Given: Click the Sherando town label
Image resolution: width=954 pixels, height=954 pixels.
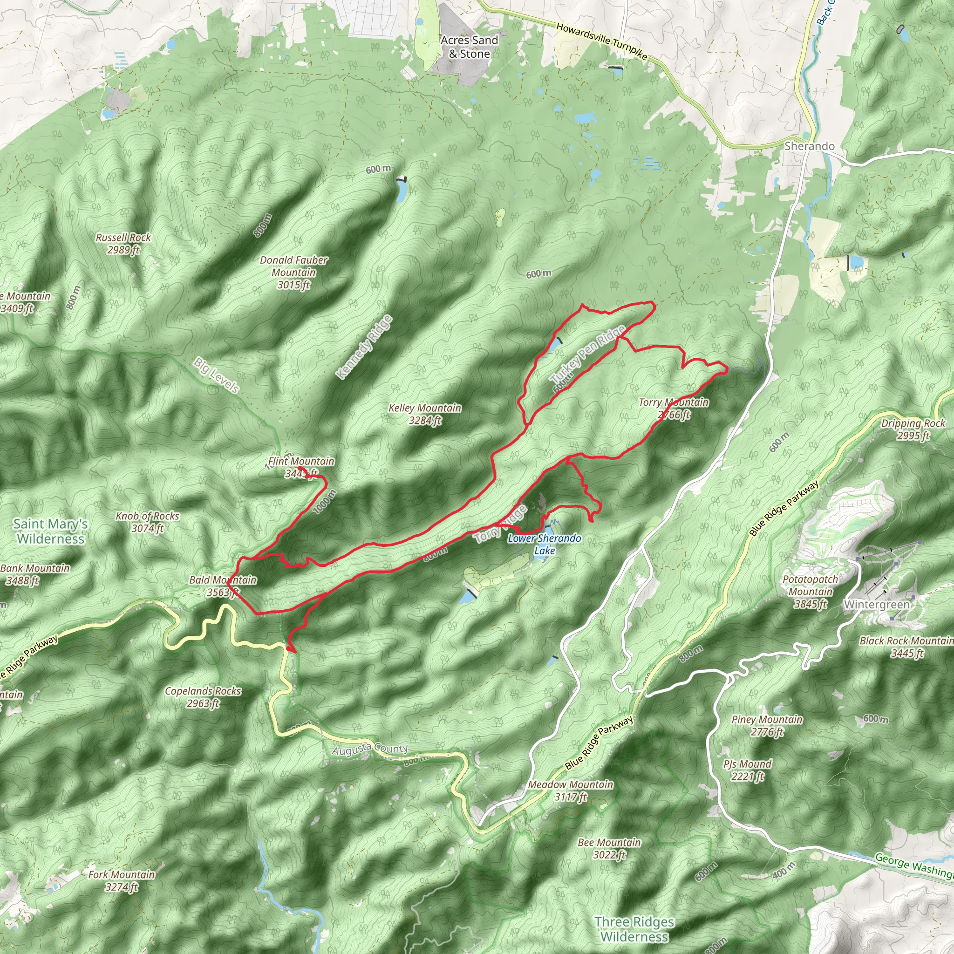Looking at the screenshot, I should [x=809, y=146].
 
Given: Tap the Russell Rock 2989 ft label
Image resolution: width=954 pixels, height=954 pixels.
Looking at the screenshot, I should [x=123, y=244].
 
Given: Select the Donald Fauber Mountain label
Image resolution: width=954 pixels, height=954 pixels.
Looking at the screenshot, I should [x=294, y=272].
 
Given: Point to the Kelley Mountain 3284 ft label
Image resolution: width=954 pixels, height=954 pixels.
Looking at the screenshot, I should [x=425, y=414].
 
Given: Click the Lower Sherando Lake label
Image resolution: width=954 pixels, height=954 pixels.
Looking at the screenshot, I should [x=544, y=544].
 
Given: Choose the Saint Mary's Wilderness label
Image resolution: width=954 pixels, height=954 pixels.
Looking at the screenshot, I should [x=50, y=532].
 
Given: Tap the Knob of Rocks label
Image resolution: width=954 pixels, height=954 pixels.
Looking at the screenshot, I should [x=147, y=522].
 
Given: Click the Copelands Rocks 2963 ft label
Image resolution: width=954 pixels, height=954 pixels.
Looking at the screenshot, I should [x=203, y=697].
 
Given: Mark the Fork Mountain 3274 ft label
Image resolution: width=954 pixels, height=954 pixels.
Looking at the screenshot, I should [x=122, y=880].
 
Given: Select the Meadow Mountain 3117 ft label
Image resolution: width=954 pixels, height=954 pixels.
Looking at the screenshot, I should [x=571, y=790].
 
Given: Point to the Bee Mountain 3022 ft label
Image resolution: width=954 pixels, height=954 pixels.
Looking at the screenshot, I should [x=609, y=848].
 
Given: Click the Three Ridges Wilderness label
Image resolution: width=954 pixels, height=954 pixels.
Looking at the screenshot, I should [x=634, y=929].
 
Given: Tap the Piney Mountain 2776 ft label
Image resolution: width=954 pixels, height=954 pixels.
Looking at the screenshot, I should [x=767, y=725].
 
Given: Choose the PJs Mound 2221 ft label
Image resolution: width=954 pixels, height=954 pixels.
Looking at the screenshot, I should [x=748, y=770].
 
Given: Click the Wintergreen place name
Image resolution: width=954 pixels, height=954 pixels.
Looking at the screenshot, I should [x=877, y=604].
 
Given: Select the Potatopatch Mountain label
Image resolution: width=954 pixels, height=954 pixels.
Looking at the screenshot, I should [x=811, y=591].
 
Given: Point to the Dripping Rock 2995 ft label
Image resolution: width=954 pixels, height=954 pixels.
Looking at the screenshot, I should [x=913, y=429].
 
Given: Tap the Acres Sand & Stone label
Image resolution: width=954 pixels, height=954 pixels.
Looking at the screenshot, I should [x=469, y=47].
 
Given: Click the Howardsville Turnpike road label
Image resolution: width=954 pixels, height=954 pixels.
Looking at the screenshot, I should [x=601, y=41].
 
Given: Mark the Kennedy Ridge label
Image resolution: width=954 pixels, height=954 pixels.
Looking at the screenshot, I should [x=364, y=347].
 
